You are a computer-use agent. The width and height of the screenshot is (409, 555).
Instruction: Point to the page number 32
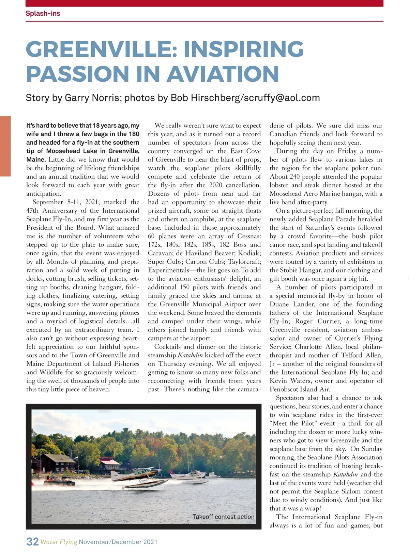pyautogui.click(x=32, y=541)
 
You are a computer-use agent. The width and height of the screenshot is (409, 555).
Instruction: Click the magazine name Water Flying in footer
pyautogui.click(x=59, y=542)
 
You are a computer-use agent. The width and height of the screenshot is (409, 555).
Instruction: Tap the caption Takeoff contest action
pyautogui.click(x=223, y=517)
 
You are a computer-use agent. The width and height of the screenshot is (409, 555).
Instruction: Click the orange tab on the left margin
pyautogui.click(x=5, y=146)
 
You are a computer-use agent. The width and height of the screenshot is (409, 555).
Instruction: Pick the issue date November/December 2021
pyautogui.click(x=118, y=542)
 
